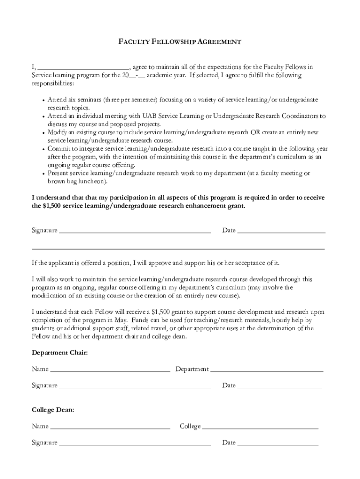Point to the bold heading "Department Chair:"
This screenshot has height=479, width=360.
click(59, 352)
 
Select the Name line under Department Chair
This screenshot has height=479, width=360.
click(110, 370)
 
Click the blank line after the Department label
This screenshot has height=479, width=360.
click(267, 370)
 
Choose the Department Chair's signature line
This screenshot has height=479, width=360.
click(135, 387)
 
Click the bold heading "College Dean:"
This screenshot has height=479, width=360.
click(53, 410)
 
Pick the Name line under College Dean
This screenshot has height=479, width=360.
click(110, 428)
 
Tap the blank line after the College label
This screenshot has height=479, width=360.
click(260, 428)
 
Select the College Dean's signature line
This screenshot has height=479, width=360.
click(135, 443)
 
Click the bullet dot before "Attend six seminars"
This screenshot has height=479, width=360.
click(43, 101)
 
